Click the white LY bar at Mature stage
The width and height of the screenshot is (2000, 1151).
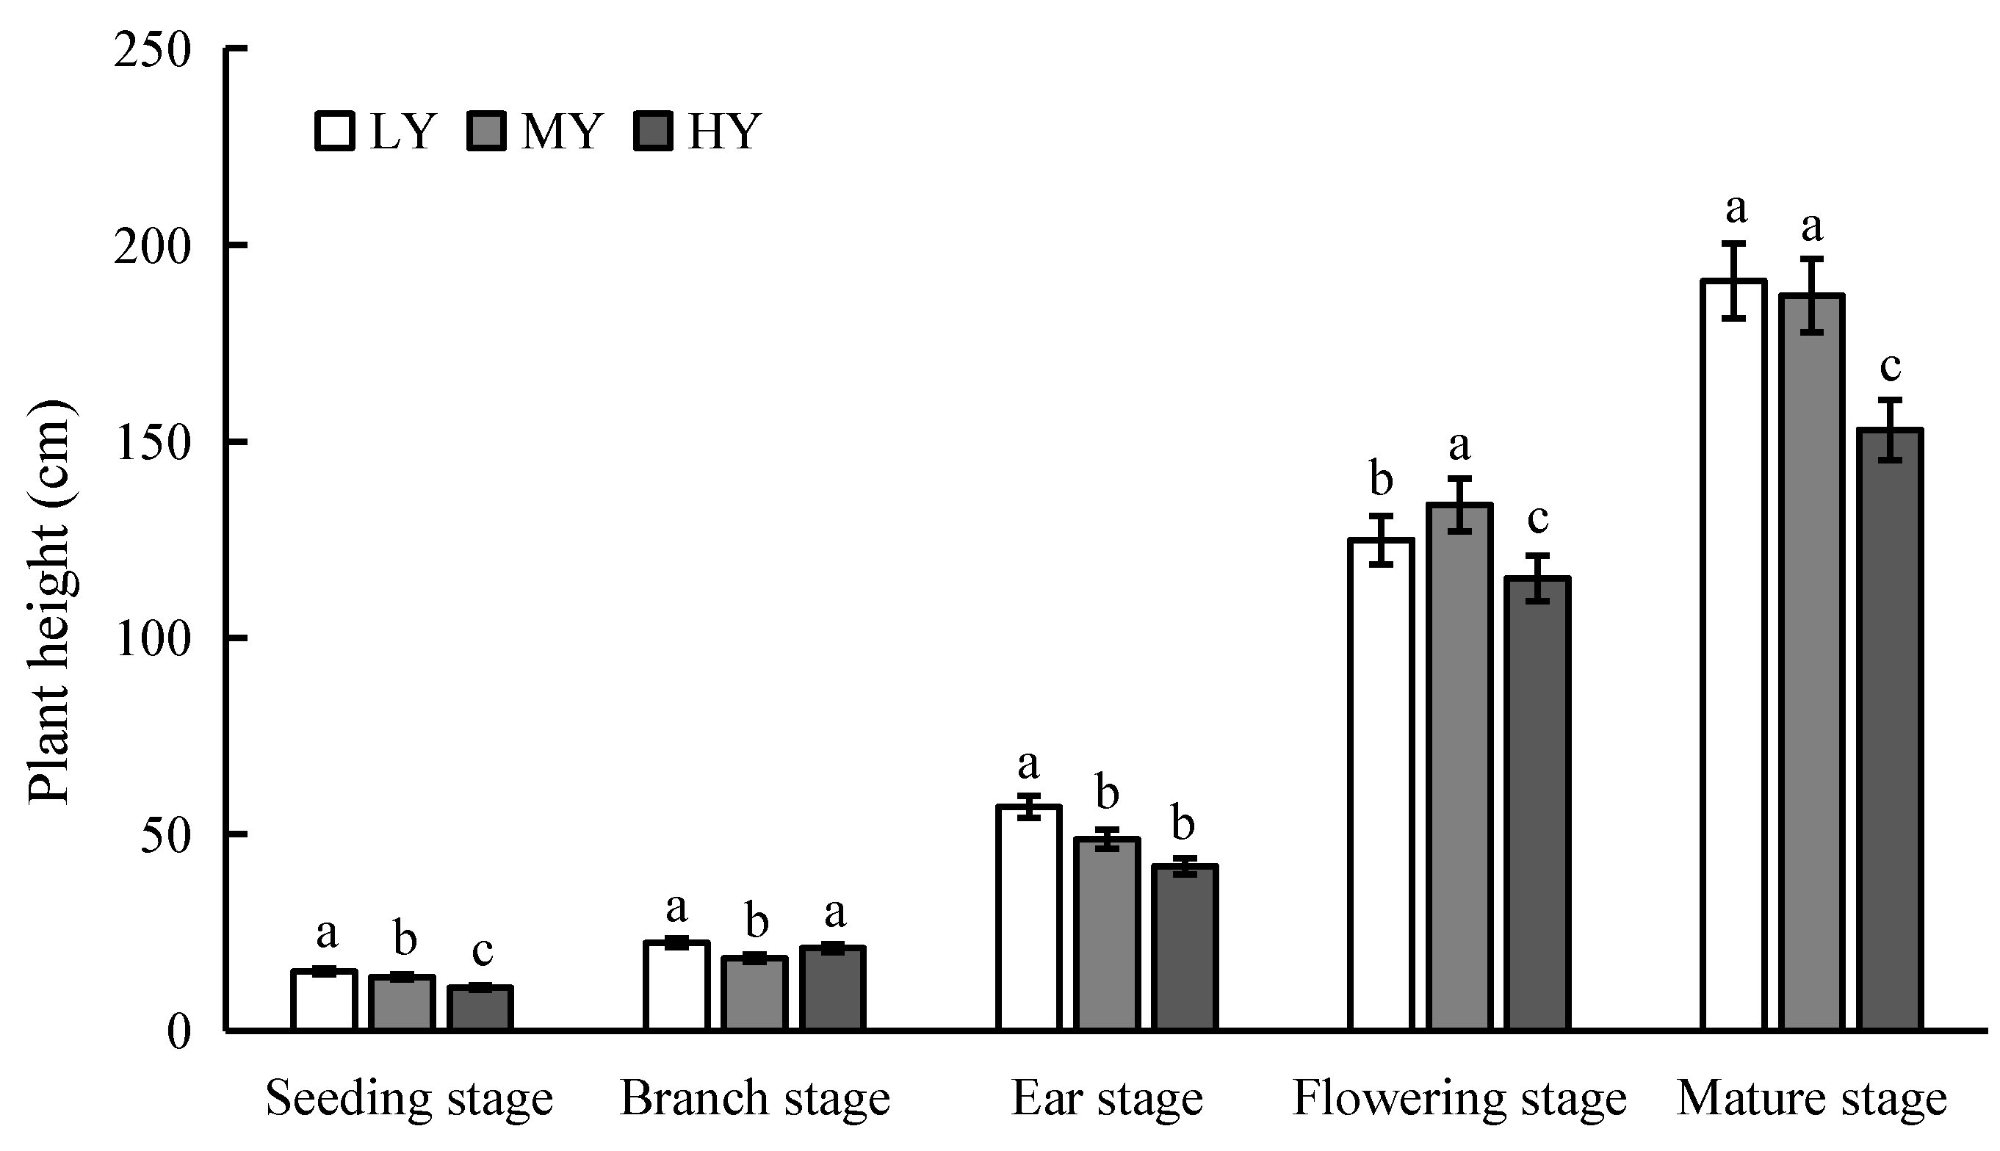(x=1733, y=656)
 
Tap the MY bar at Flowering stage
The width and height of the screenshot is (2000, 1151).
(x=1459, y=767)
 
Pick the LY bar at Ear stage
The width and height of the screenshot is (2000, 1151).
(x=1028, y=917)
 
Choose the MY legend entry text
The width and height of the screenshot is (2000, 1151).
(x=562, y=131)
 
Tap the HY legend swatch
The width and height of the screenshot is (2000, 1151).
(x=653, y=131)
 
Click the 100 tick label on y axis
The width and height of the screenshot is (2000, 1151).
(x=153, y=639)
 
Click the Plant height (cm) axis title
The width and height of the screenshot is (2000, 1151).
(x=51, y=602)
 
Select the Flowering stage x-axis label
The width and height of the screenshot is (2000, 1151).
(x=1459, y=1099)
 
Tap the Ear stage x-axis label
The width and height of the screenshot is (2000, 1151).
(x=1107, y=1099)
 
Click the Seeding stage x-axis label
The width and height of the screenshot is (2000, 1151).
(x=408, y=1099)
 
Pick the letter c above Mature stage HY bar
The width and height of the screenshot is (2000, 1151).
(x=1889, y=367)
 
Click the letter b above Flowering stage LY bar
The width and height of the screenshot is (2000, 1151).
(x=1381, y=479)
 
